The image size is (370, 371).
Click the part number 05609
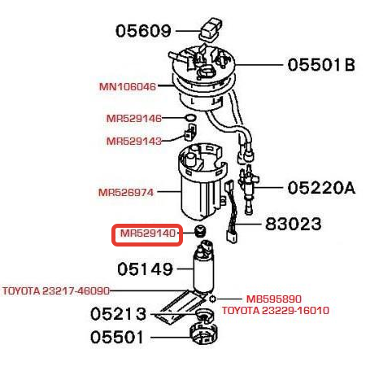coord(143,31)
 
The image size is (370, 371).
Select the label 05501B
coord(321,65)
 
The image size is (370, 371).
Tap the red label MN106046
coord(128,87)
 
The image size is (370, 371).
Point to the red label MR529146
coord(134,119)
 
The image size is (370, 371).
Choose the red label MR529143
coord(134,141)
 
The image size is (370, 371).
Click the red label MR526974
coord(126,193)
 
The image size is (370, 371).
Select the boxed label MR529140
coord(148,234)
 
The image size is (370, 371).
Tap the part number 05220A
coord(321,188)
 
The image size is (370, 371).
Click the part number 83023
coord(294,224)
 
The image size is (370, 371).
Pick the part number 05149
coord(145,269)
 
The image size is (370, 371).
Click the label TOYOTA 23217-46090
coord(56,291)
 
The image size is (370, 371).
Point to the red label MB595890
coord(274,299)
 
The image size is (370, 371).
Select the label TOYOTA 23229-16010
coord(276,310)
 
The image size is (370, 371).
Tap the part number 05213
coord(118,314)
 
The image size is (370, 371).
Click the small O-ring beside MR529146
coord(191,118)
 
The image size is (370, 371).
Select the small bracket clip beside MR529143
coord(189,133)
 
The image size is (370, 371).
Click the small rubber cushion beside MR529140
coord(200,231)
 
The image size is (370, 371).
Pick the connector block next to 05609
coord(211,30)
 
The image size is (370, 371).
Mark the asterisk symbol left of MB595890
coord(213,299)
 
